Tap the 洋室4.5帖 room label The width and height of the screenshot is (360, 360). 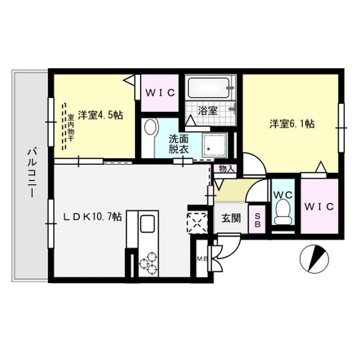[x=100, y=115]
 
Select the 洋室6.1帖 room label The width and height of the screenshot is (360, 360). [x=292, y=125]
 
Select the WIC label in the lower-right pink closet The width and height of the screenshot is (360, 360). [x=319, y=206]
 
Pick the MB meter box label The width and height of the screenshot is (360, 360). [x=201, y=258]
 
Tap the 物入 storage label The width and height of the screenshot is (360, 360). [x=227, y=168]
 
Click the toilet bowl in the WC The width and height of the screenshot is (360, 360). [x=283, y=213]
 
